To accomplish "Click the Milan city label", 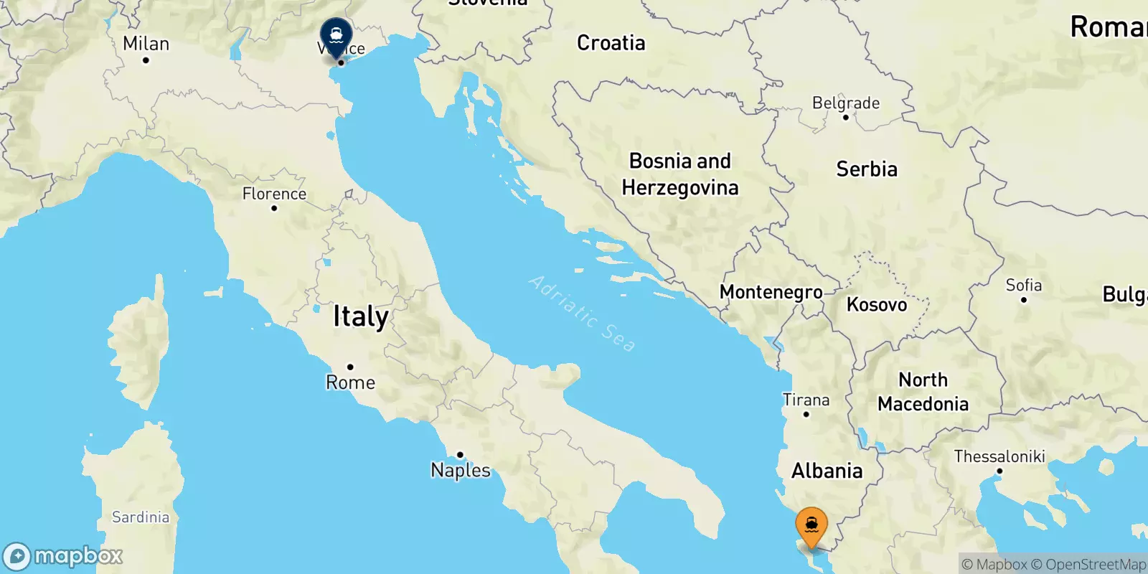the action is pos(146,44).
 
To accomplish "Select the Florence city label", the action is pos(274,194).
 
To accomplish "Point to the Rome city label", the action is pos(350,382).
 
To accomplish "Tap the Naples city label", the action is pos(461,471).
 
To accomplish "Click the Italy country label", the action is pos(361,316).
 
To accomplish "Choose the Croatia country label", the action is pos(611,43).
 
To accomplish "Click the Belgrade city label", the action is pos(846,103).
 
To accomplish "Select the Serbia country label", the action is pos(867,169).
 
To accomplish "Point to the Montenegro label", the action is pos(771,292).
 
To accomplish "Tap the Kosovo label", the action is pos(877,305).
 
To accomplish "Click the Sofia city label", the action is pos(1023,286).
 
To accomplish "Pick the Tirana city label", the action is pos(806,400).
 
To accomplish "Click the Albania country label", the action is pos(827,471).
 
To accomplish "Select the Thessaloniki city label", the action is pos(999,456).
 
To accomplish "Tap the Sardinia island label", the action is pos(141,517).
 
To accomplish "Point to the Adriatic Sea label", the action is pos(582,314).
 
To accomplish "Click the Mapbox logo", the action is pos(63,556).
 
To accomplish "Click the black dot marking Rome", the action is pos(350,367).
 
